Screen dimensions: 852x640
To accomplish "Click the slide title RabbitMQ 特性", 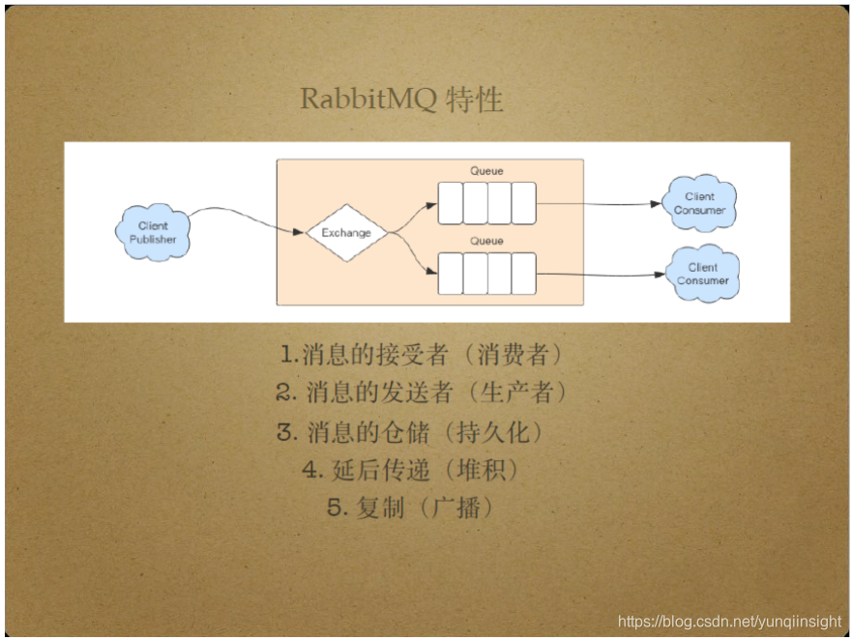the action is coord(401,100).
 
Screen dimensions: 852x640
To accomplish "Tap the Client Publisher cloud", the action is coord(153,232).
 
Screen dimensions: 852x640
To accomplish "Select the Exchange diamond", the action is coord(346,233).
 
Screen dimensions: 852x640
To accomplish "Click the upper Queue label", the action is coord(486,171).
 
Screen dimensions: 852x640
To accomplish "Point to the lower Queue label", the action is coord(486,241).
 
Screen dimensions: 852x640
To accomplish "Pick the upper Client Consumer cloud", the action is coord(699,203).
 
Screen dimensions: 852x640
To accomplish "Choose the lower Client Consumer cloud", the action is coord(703,274).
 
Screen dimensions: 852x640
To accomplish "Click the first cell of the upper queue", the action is coord(451,203).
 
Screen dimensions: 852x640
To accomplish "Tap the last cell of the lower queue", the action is coord(523,274).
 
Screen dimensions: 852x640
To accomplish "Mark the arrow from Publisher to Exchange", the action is coord(242,218).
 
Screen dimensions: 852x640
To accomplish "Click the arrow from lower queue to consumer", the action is coord(600,274).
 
